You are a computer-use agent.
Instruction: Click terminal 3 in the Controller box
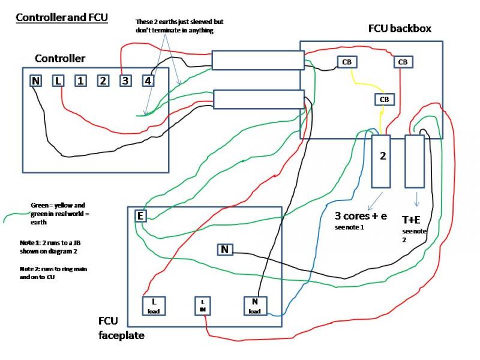click(x=125, y=80)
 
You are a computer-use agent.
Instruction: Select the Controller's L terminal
click(x=58, y=80)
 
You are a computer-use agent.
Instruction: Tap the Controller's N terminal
click(x=36, y=80)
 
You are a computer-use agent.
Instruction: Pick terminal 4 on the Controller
click(x=147, y=80)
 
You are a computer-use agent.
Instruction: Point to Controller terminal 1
click(x=80, y=80)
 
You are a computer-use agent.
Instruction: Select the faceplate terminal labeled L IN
click(x=203, y=305)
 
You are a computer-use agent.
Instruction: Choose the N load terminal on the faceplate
click(x=253, y=305)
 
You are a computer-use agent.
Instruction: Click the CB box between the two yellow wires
click(x=383, y=99)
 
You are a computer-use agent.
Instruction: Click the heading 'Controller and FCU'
click(x=61, y=17)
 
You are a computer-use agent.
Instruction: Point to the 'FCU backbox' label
click(x=399, y=29)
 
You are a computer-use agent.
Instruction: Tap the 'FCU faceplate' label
click(x=121, y=329)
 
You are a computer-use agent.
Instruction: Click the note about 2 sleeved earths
click(x=175, y=26)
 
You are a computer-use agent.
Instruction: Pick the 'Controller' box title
click(x=60, y=58)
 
